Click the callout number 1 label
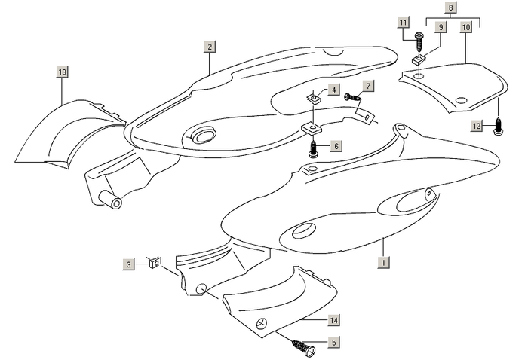coord(384,264)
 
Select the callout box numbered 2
coord(209,47)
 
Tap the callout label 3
coord(130,264)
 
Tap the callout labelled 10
coord(465,26)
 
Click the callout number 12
coord(477,127)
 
